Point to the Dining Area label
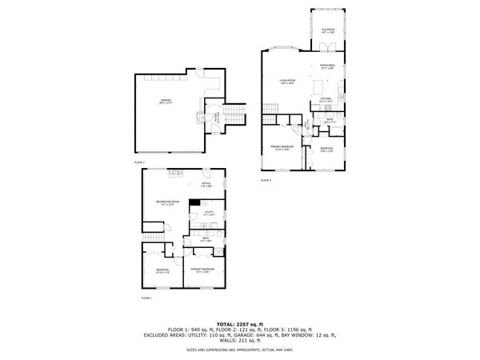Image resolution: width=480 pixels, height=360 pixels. tap(328, 67)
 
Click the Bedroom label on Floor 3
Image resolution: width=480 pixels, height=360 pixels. tap(326, 149)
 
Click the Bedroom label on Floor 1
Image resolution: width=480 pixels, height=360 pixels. tap(162, 271)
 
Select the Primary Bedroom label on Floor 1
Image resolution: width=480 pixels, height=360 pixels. tap(202, 270)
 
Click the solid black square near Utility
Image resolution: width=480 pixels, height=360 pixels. tap(193, 203)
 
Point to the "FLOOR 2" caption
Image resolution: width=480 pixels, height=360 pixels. tap(139, 162)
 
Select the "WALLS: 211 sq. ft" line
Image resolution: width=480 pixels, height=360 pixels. tap(239, 342)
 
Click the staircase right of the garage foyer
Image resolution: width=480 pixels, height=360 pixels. tap(234, 118)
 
